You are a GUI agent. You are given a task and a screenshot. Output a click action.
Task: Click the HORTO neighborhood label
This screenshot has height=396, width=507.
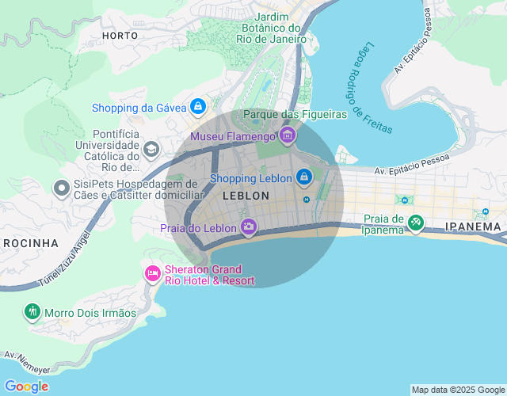(120, 36)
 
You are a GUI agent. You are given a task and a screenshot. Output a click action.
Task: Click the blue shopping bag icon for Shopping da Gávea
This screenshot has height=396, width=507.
(198, 106)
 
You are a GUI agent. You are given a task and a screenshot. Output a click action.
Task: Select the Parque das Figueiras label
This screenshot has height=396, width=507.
(295, 115)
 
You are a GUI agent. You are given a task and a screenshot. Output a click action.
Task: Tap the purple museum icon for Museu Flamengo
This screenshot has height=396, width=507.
(288, 136)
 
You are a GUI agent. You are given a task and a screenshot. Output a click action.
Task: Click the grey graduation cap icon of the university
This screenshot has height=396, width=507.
(151, 149)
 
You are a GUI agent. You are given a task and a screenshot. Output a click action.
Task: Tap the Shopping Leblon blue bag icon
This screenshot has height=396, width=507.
(303, 177)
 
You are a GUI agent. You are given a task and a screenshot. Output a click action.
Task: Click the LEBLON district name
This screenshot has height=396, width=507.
(246, 196)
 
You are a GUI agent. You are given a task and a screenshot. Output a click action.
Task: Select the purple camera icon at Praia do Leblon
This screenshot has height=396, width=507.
(249, 227)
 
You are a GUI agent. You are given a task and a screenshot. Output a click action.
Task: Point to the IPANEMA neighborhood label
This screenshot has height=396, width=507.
(473, 227)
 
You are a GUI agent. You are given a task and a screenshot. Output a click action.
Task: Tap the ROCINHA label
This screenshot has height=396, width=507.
(30, 242)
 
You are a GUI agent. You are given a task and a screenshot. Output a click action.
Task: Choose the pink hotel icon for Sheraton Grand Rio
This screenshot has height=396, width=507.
(152, 273)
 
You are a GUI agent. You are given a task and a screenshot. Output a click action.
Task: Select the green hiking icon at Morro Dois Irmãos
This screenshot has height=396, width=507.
(32, 312)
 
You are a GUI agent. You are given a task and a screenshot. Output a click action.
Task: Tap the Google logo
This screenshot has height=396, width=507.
(26, 386)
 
